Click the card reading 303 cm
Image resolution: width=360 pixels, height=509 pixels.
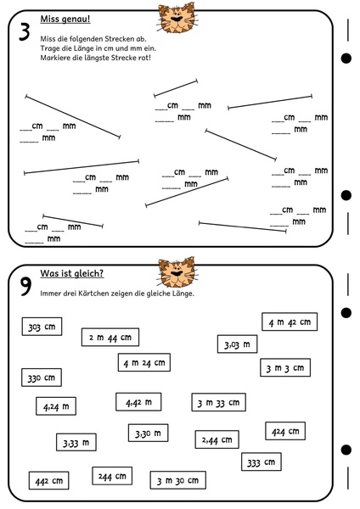tap(42, 327)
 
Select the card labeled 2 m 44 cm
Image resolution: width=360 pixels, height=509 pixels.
tap(110, 338)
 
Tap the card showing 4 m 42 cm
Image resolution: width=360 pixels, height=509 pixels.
tap(290, 322)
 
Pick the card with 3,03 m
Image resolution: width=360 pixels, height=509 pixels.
tap(237, 344)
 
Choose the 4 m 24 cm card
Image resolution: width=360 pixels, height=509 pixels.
tap(144, 362)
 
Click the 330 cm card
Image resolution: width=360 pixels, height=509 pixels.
tap(42, 378)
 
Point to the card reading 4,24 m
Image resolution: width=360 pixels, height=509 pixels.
tap(56, 406)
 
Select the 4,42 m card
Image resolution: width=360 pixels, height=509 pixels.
tap(138, 402)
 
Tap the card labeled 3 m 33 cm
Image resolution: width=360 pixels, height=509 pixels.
tap(218, 402)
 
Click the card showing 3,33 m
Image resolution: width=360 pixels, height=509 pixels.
tap(76, 442)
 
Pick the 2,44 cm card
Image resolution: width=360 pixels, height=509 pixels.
tap(217, 439)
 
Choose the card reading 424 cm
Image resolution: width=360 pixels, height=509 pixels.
tap(285, 431)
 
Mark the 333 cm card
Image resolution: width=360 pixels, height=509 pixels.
tap(262, 461)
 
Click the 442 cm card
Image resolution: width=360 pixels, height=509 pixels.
tap(48, 480)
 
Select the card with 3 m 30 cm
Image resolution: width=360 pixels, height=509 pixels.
tap(177, 480)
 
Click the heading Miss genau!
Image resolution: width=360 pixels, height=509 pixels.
tap(65, 19)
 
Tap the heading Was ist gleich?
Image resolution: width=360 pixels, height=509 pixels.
tap(72, 273)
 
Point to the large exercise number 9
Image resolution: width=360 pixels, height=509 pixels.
tap(25, 287)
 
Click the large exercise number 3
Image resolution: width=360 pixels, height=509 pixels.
tap(25, 32)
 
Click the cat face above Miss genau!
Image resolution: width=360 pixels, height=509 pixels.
tap(177, 18)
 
